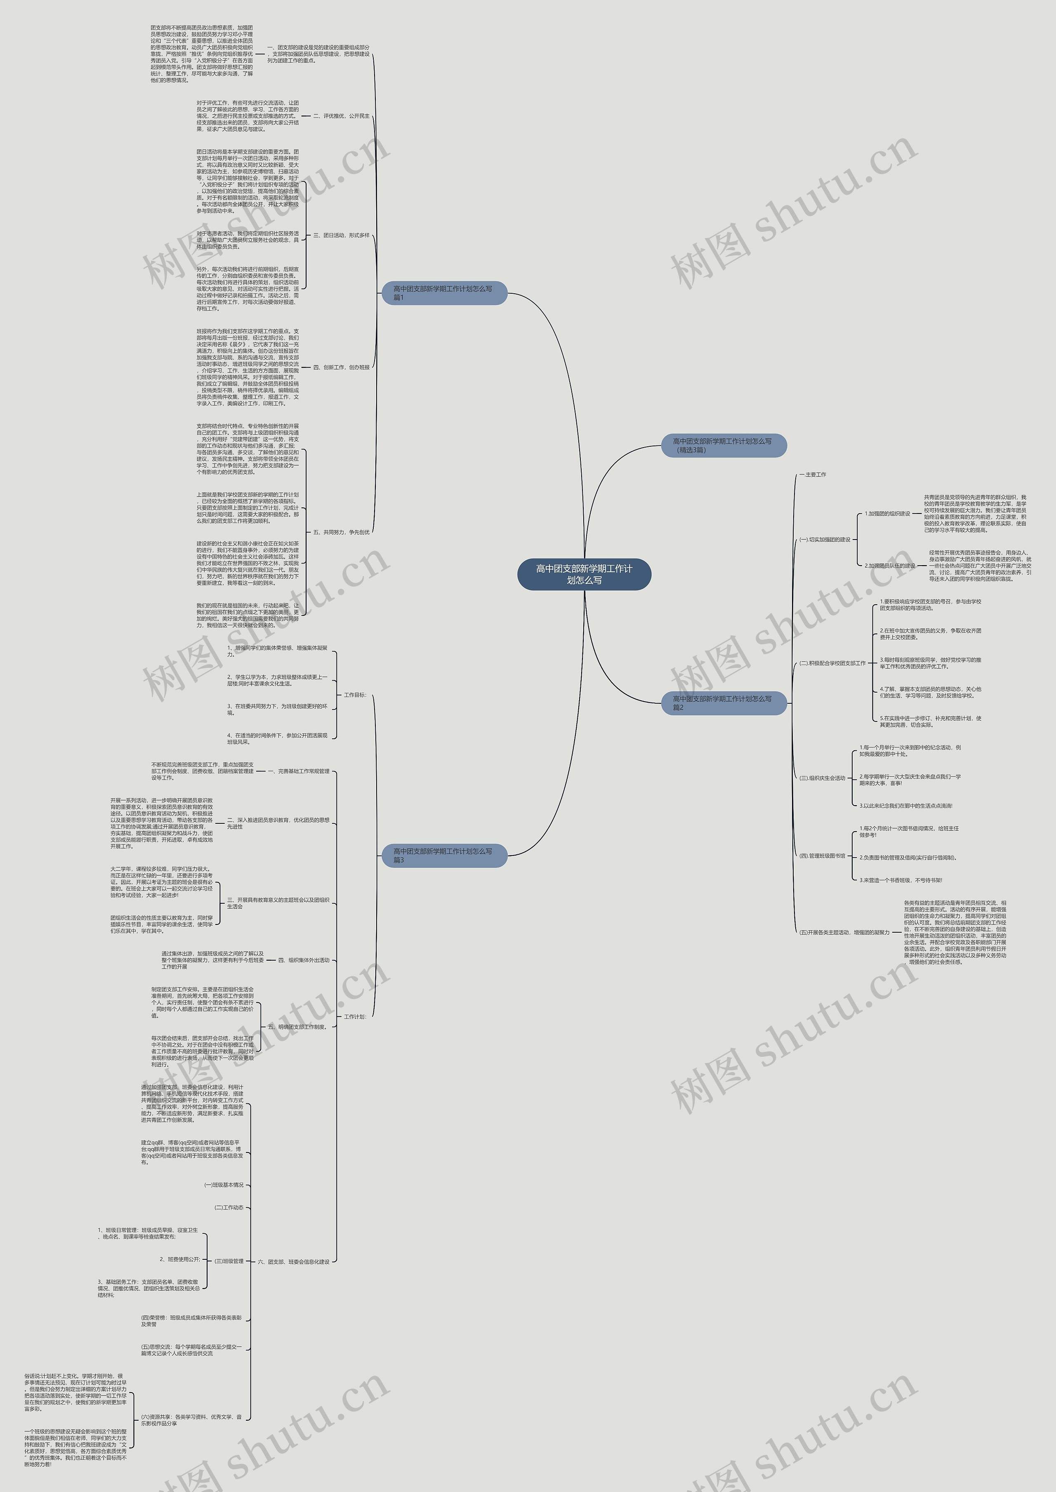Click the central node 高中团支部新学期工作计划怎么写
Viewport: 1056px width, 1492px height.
(x=584, y=574)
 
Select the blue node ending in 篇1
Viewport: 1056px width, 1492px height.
(x=443, y=293)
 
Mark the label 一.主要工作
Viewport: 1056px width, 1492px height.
(x=813, y=475)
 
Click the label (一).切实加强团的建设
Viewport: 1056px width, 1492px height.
(x=825, y=540)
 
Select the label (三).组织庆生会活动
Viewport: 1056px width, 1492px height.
(x=823, y=778)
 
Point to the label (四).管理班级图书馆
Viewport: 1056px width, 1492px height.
(x=823, y=856)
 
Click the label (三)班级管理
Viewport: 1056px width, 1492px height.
(x=229, y=1261)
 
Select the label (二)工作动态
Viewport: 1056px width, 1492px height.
(x=229, y=1207)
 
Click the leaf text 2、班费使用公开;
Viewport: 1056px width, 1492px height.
(x=180, y=1259)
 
